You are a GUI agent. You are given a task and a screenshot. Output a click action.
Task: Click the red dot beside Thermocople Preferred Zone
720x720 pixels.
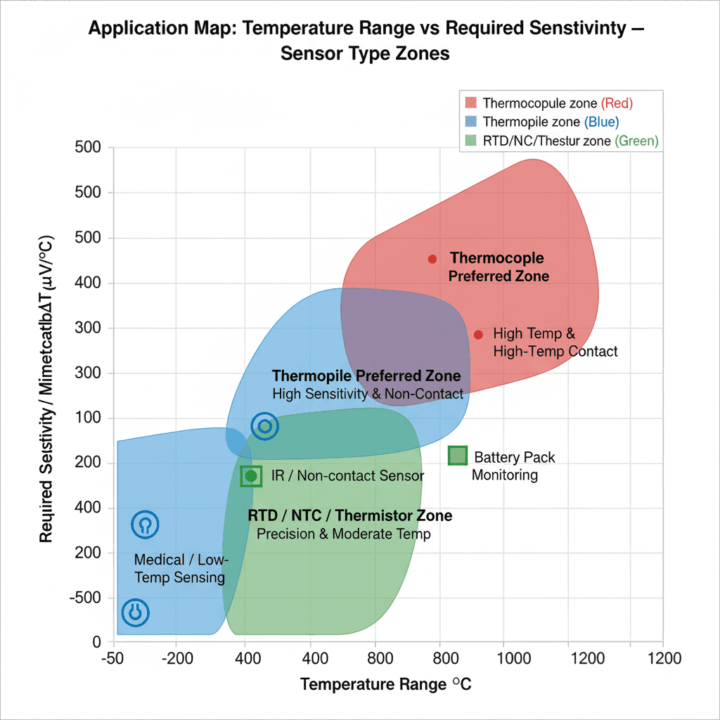tap(432, 259)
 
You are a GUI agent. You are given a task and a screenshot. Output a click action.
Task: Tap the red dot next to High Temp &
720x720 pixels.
tap(478, 335)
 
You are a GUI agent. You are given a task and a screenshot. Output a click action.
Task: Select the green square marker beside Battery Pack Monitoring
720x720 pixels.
tap(458, 456)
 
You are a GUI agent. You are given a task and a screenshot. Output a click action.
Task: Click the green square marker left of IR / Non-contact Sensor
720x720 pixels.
tap(251, 476)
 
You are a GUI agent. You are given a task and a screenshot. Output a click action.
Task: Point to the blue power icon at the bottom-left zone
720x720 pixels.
tap(136, 612)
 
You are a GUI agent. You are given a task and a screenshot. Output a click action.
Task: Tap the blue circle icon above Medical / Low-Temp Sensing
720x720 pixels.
tap(145, 524)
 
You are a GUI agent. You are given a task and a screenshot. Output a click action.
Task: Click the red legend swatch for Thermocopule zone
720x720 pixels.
tap(470, 103)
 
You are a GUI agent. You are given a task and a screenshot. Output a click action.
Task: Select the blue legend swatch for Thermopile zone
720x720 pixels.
tap(470, 122)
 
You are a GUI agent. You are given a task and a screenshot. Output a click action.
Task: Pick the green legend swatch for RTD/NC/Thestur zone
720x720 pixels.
tap(470, 141)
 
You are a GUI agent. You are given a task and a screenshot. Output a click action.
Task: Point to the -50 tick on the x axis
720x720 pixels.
tap(113, 659)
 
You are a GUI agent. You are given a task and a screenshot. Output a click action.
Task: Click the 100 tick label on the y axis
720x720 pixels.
tap(89, 418)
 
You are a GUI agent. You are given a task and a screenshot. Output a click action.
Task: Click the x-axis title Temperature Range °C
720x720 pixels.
tap(385, 685)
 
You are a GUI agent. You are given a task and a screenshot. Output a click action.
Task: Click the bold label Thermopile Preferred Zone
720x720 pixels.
tap(366, 375)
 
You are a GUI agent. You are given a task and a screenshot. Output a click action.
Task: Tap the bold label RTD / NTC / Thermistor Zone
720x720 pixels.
tap(350, 516)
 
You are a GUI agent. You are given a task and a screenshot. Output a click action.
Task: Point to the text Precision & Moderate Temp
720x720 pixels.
tap(343, 534)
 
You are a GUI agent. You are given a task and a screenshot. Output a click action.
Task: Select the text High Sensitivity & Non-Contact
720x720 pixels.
tap(368, 394)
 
